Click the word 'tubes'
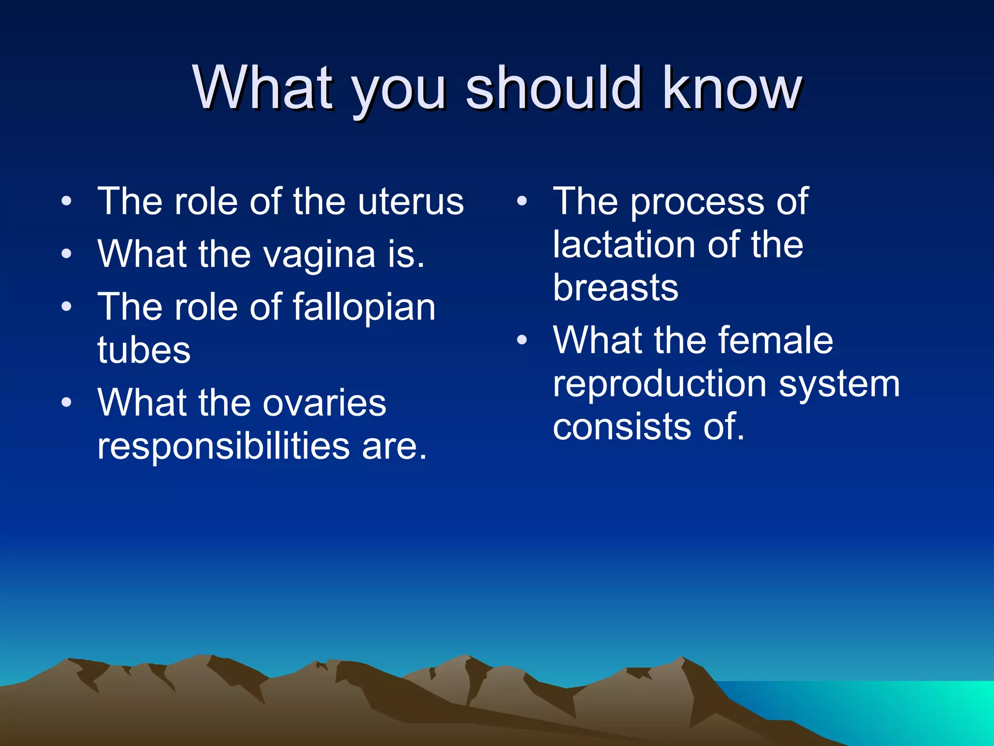point(144,351)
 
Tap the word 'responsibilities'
point(223,446)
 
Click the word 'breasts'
point(615,288)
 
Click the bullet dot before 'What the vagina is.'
point(66,254)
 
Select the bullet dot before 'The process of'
point(522,201)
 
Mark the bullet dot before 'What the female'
point(522,340)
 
